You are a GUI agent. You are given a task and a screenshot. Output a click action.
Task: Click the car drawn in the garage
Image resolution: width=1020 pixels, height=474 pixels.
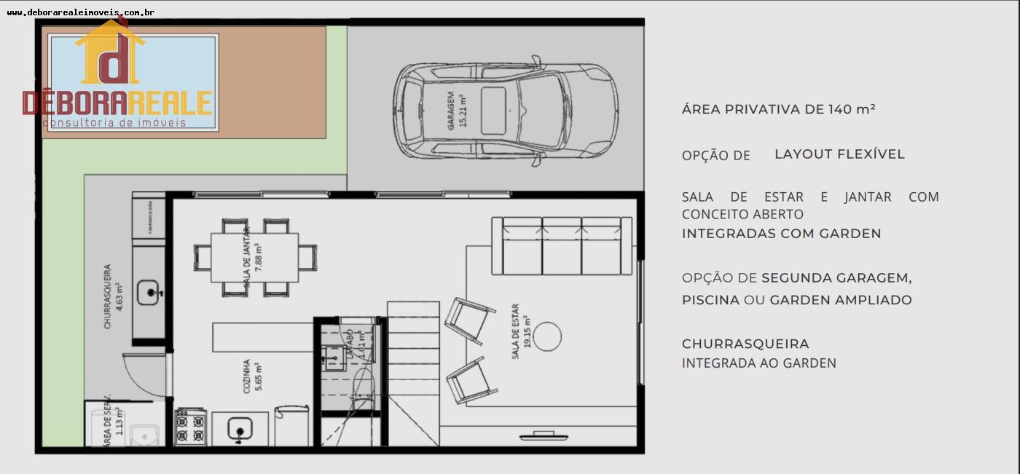pyautogui.click(x=506, y=110)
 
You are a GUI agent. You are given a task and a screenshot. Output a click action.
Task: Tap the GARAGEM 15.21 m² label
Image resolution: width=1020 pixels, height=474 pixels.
pyautogui.click(x=457, y=111)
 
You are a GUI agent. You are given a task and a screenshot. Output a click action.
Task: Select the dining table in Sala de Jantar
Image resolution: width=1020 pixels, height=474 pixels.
pyautogui.click(x=254, y=257)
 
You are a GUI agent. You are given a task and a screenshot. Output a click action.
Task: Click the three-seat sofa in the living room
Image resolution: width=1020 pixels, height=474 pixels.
pyautogui.click(x=561, y=245)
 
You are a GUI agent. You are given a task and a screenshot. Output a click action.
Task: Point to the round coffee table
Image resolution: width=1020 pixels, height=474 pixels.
pyautogui.click(x=547, y=336)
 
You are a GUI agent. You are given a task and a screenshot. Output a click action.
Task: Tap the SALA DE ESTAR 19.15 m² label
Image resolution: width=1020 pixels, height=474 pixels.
pyautogui.click(x=520, y=331)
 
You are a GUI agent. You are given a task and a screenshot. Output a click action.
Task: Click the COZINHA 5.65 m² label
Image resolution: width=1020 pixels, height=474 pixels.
pyautogui.click(x=252, y=375)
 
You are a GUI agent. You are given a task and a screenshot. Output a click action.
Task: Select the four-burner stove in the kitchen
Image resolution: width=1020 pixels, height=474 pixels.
pyautogui.click(x=191, y=427)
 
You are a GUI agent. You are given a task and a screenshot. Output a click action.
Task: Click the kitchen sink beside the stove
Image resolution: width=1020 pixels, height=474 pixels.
pyautogui.click(x=238, y=429)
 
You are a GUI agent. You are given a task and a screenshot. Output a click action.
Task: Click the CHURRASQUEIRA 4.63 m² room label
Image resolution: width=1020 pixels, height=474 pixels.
pyautogui.click(x=113, y=296)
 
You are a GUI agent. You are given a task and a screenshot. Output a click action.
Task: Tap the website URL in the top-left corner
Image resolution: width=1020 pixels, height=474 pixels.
pyautogui.click(x=80, y=12)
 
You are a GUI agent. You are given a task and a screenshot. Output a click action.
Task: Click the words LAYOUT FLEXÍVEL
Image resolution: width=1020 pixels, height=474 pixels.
pyautogui.click(x=839, y=154)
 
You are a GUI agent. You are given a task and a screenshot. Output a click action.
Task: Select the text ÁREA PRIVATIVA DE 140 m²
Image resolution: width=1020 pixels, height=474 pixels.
pyautogui.click(x=778, y=109)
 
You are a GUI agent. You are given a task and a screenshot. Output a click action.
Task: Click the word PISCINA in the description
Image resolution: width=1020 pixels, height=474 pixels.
pyautogui.click(x=710, y=300)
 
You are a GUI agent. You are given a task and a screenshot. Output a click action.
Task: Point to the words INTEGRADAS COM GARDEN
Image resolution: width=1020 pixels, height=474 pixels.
pyautogui.click(x=781, y=234)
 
